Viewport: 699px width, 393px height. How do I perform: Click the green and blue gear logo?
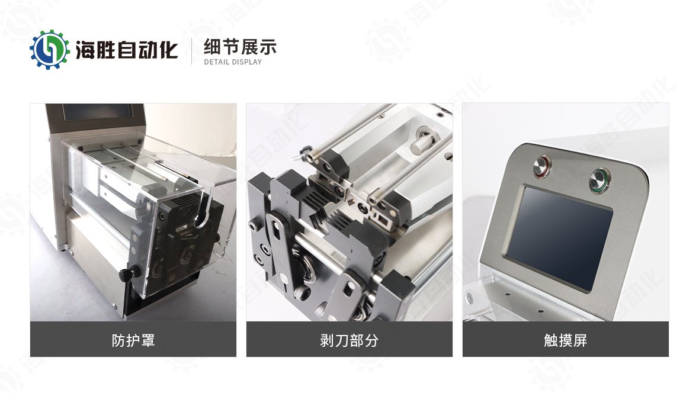coord(50,50)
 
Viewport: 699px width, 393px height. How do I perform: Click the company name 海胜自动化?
coord(127,50)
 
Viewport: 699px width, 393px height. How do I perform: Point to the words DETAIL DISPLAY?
coord(233,62)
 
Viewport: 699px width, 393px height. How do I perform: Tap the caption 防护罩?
coord(133,340)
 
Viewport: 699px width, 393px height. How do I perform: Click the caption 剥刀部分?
coord(349,340)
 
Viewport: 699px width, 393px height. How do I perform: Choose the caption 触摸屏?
coord(565,340)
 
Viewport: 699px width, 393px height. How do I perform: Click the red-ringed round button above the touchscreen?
coord(543,167)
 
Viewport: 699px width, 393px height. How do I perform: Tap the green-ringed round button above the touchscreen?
coord(599,181)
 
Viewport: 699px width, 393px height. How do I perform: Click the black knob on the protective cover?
coord(129,273)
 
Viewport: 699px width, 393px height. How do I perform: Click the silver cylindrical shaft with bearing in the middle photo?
coord(423,140)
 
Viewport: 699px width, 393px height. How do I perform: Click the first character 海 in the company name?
coord(85,50)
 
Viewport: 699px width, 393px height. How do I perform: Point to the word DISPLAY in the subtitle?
coord(247,62)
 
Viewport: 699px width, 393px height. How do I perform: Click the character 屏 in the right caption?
coord(581,340)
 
